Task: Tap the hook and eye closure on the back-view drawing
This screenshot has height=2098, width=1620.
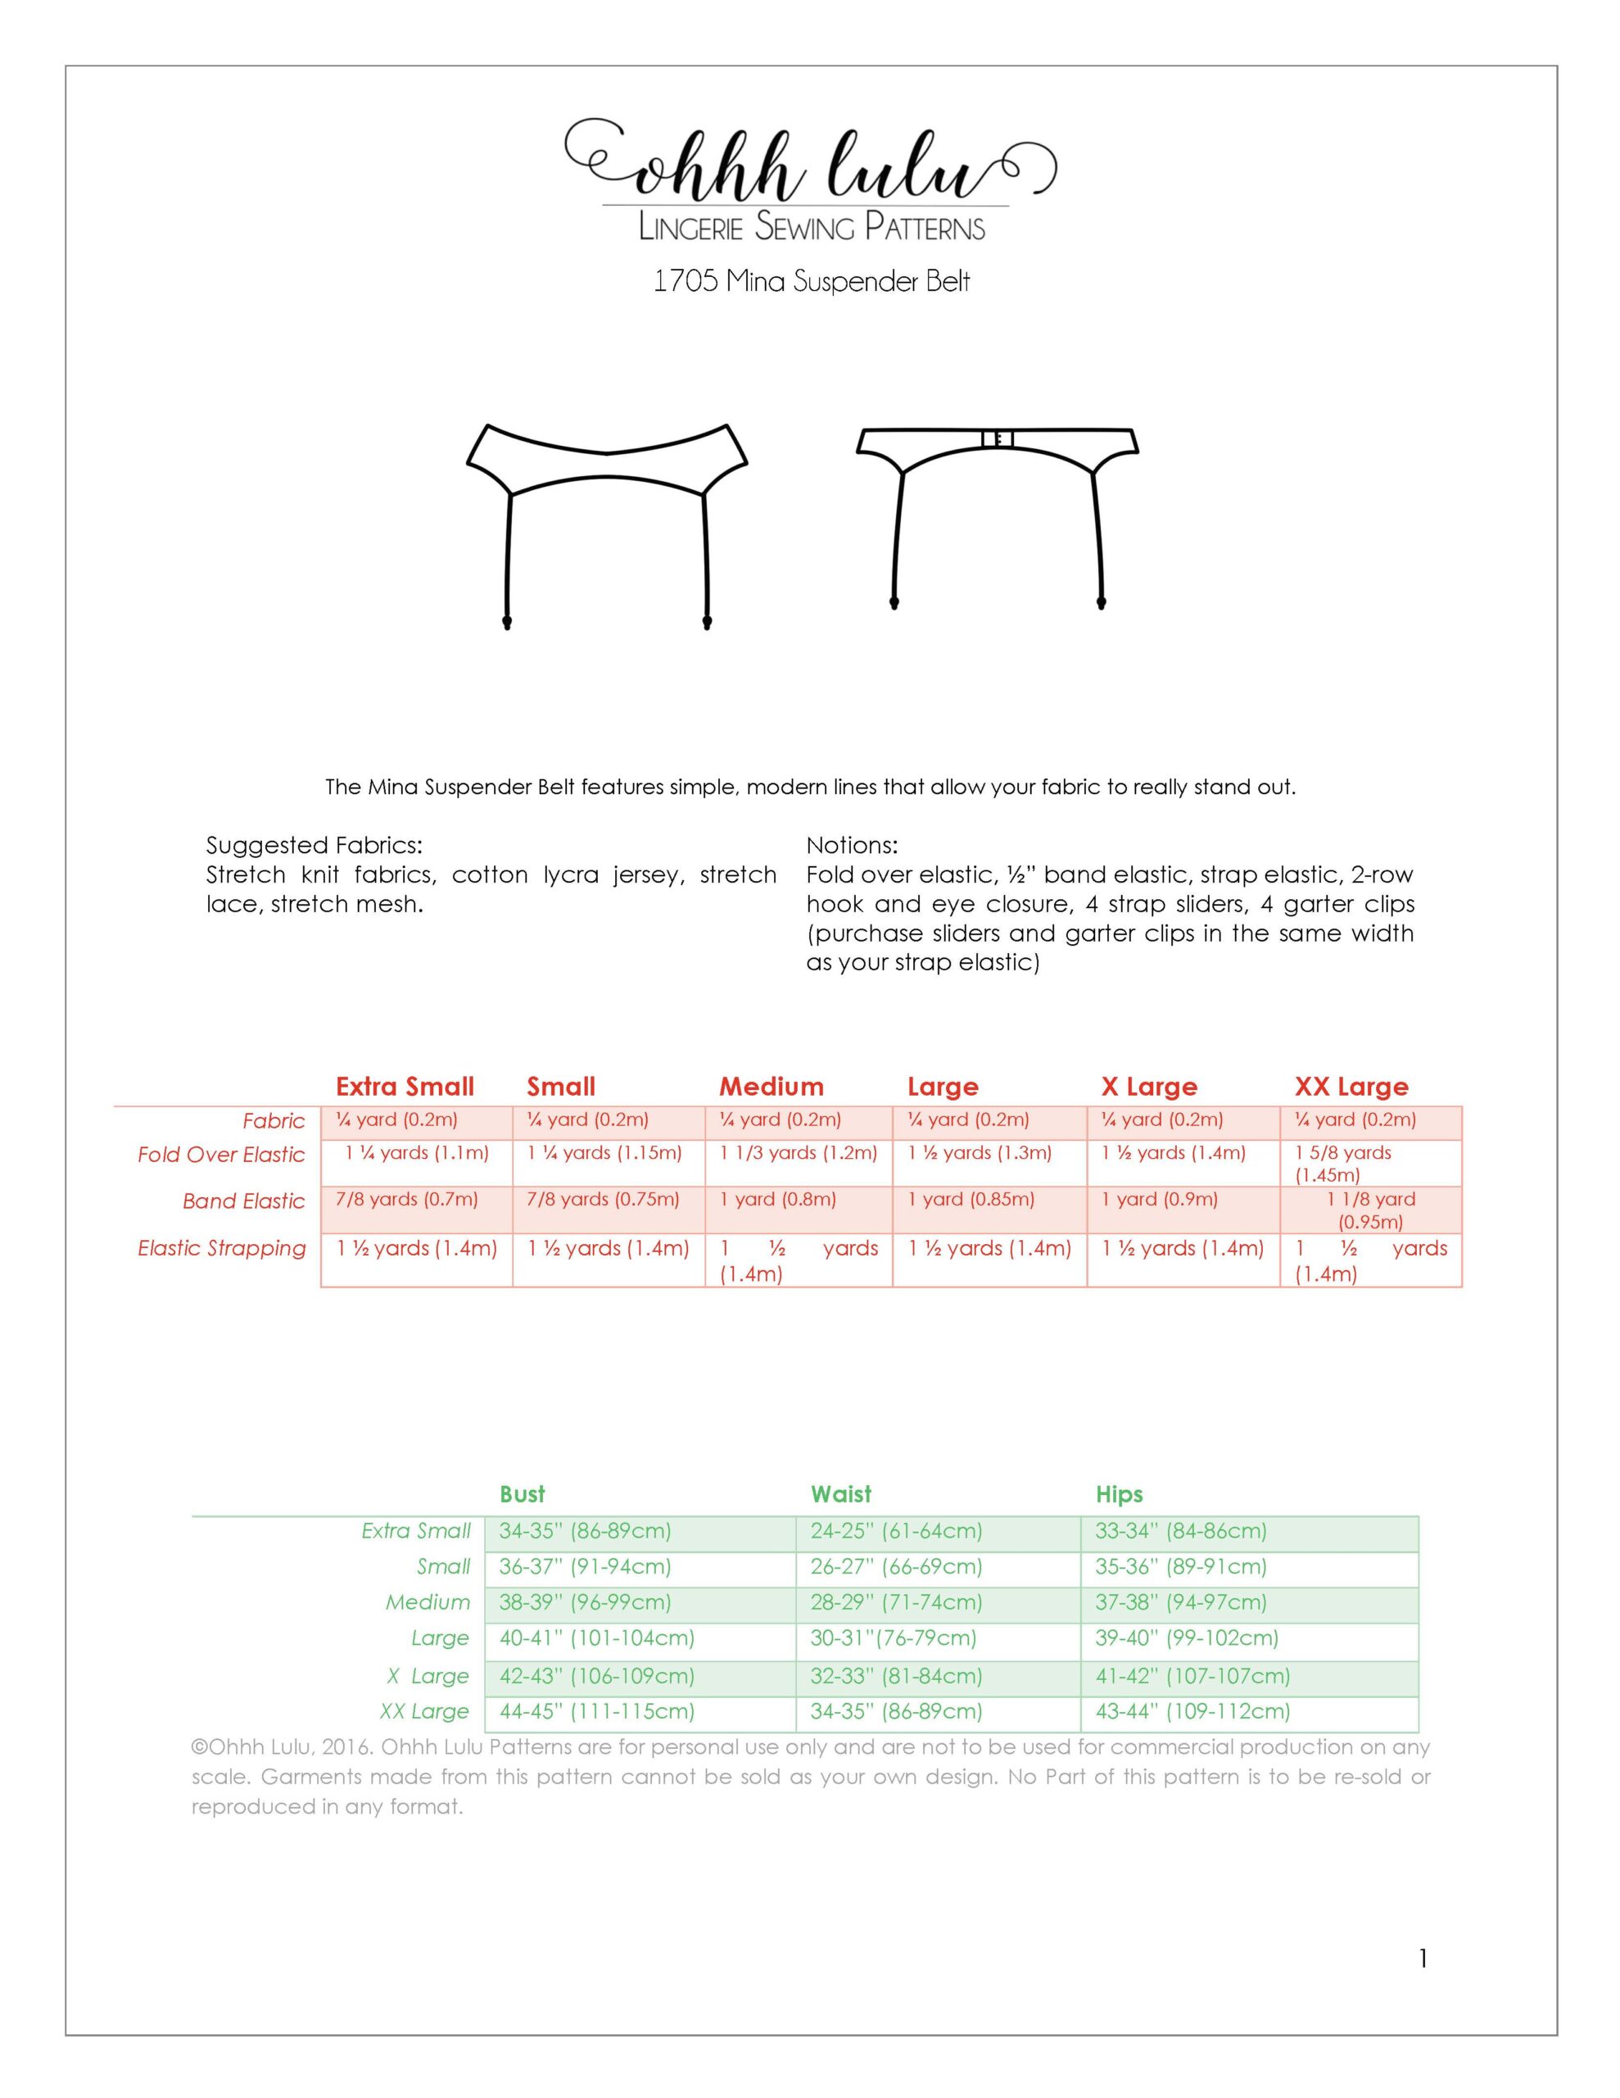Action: (x=997, y=439)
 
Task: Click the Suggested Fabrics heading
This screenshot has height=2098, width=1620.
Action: (x=314, y=846)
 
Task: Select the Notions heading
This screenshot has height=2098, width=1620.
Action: (x=852, y=846)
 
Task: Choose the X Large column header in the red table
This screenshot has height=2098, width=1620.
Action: (x=1148, y=1087)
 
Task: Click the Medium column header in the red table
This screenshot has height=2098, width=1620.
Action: (x=772, y=1087)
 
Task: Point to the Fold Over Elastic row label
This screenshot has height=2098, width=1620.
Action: (x=221, y=1155)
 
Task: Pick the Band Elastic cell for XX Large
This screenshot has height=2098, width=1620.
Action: (x=1370, y=1210)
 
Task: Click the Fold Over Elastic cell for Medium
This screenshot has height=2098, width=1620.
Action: (x=798, y=1153)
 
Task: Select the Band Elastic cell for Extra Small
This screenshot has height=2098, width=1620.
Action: (x=407, y=1199)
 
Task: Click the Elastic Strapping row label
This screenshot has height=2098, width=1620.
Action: (x=222, y=1248)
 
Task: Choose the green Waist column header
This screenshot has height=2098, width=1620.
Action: (x=840, y=1494)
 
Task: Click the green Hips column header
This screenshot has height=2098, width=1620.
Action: (x=1119, y=1494)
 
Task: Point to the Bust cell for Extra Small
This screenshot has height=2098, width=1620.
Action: (x=585, y=1531)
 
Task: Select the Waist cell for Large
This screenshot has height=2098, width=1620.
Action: (x=893, y=1638)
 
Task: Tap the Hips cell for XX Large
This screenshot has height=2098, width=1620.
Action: (x=1192, y=1711)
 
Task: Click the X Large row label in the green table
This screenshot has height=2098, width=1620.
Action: (x=428, y=1675)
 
